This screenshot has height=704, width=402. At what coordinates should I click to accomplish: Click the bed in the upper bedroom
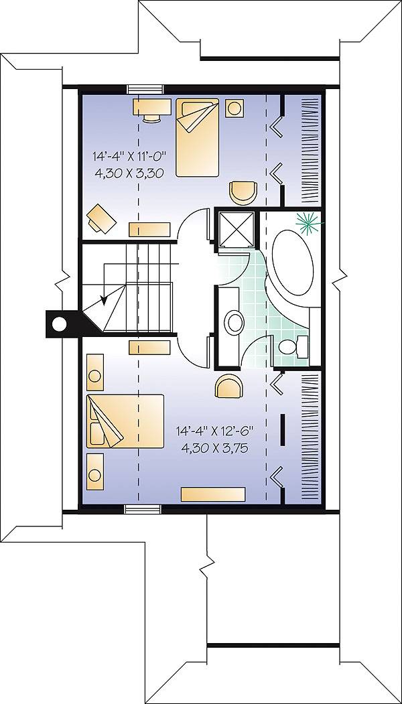[x=198, y=137]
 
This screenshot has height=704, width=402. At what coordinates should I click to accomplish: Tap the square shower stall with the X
[x=235, y=231]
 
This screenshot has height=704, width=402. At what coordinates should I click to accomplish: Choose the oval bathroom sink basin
[x=234, y=323]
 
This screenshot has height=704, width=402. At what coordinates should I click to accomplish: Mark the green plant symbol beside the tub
[x=310, y=222]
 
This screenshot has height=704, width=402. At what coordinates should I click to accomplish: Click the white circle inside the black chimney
[x=60, y=325]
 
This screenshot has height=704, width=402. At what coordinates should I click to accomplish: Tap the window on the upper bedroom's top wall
[x=145, y=88]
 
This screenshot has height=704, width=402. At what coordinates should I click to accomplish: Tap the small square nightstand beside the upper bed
[x=234, y=107]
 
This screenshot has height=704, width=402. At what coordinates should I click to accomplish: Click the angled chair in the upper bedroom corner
[x=100, y=217]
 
